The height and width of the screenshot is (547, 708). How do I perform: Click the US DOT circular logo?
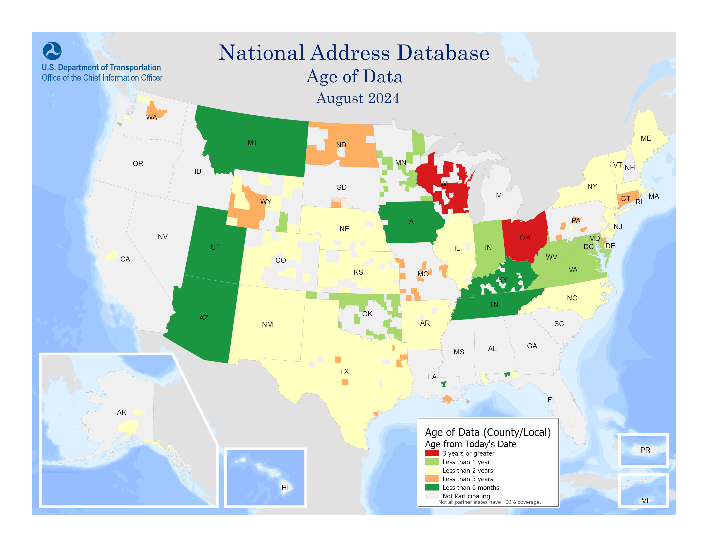52,51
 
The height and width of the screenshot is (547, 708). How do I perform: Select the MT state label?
253,142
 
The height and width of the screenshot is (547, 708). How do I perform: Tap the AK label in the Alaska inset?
122,412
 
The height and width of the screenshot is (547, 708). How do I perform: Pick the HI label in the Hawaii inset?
285,487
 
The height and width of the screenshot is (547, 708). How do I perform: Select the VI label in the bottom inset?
645,501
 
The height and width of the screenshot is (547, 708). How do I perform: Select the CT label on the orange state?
625,198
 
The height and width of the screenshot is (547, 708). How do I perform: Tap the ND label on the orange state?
341,145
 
